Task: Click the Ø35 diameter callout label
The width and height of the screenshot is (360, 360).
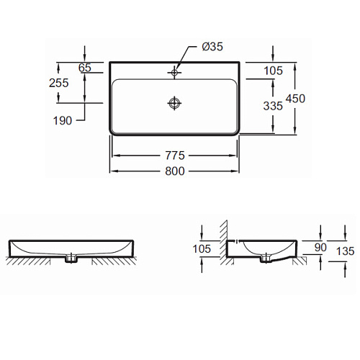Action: pos(212,47)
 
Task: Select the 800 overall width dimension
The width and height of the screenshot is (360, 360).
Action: pos(175,171)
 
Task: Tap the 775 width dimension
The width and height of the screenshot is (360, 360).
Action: pos(175,156)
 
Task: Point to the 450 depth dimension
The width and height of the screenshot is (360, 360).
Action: pos(295,99)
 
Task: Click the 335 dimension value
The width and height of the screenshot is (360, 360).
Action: pos(273,106)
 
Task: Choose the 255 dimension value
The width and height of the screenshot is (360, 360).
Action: pos(59,83)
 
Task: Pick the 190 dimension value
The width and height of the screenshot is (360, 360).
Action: pos(63,120)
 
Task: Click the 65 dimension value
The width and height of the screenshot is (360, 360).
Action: pos(85,68)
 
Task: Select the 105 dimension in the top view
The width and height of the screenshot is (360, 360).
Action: pos(273,71)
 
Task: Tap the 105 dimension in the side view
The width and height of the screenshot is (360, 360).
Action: pos(202,249)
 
